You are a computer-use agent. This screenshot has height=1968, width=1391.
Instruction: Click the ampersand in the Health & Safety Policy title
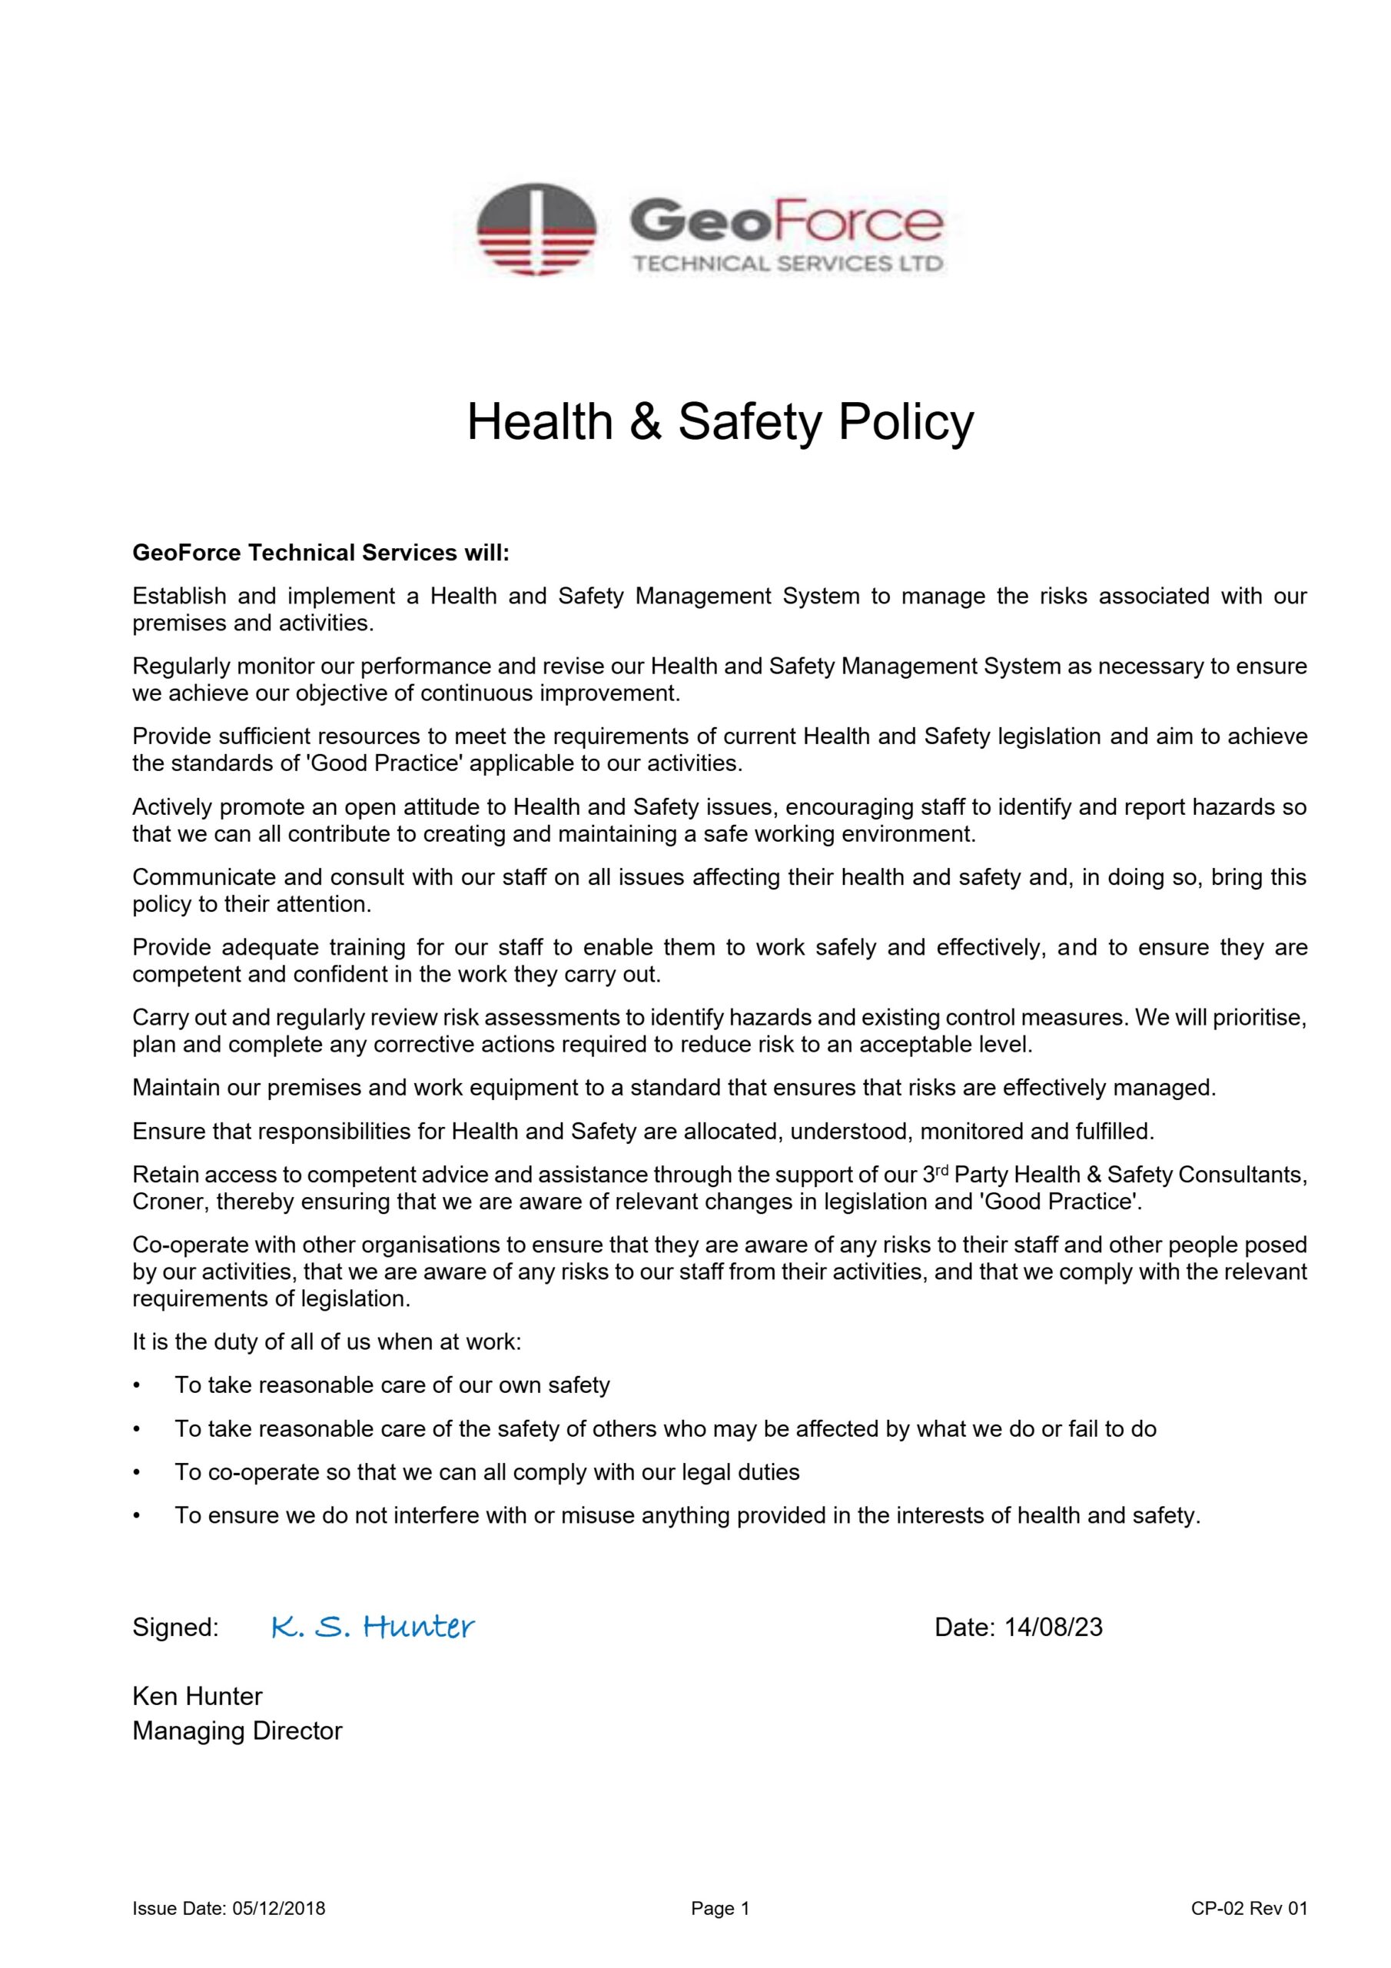(646, 423)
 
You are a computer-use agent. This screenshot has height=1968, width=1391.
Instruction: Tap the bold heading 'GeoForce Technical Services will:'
(320, 553)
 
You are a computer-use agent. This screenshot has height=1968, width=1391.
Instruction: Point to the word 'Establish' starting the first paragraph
(179, 596)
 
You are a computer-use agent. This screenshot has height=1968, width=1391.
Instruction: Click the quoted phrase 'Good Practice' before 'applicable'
(385, 763)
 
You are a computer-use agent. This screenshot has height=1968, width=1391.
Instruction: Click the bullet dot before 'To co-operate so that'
(136, 1473)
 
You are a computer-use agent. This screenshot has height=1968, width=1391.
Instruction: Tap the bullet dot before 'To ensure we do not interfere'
(136, 1515)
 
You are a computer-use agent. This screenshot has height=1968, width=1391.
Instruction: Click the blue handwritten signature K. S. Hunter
(373, 1627)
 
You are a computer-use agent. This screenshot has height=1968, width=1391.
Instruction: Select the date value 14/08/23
(1054, 1627)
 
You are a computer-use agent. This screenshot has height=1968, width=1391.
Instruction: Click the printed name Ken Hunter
(198, 1697)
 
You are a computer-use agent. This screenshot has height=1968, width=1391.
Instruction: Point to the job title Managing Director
(237, 1730)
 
